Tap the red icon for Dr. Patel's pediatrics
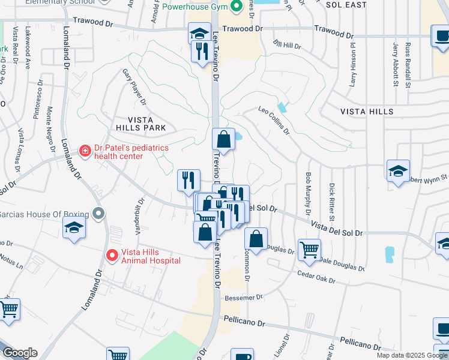click(85, 150)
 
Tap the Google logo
click(19, 353)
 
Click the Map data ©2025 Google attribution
click(412, 355)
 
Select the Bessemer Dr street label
click(243, 297)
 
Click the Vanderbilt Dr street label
click(134, 216)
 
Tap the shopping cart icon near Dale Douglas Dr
click(309, 248)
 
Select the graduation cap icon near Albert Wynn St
click(398, 171)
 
